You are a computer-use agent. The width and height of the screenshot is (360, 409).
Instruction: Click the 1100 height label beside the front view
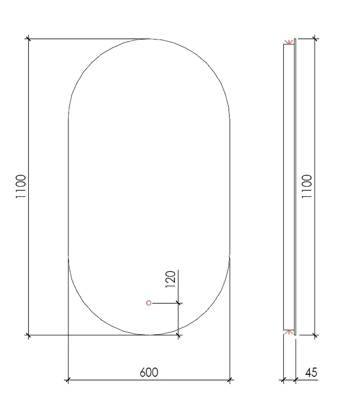[21, 186]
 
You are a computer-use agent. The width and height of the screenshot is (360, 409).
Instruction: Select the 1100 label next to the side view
[307, 186]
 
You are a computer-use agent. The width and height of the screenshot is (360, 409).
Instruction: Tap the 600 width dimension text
[149, 372]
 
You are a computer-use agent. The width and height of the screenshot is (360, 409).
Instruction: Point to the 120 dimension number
[171, 279]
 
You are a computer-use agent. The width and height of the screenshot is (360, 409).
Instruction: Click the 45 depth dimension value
[311, 372]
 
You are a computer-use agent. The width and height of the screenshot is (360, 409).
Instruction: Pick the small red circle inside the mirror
[149, 303]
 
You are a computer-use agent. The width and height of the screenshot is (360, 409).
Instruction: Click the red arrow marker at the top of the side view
[288, 42]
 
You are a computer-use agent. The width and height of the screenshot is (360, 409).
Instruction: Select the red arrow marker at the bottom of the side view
[288, 332]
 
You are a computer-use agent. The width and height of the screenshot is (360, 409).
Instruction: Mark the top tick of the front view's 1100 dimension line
[29, 39]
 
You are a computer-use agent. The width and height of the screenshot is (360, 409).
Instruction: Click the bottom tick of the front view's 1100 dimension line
[29, 335]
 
